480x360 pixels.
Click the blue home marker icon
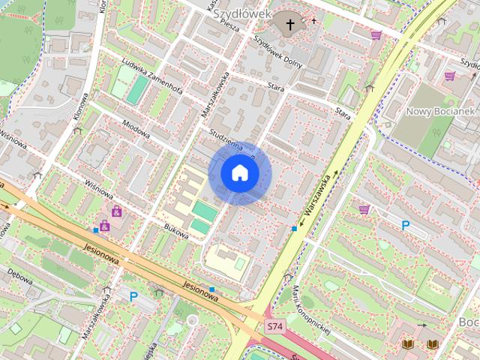[240, 173]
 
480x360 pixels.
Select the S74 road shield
[274, 327]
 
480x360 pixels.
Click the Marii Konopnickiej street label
[313, 309]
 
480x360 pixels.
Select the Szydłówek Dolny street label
[277, 52]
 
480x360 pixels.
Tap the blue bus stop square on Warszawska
[294, 228]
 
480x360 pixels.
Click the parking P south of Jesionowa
[133, 297]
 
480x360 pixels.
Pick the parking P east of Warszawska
[406, 225]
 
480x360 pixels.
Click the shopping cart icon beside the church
[376, 34]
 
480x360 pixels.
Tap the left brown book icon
[407, 343]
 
